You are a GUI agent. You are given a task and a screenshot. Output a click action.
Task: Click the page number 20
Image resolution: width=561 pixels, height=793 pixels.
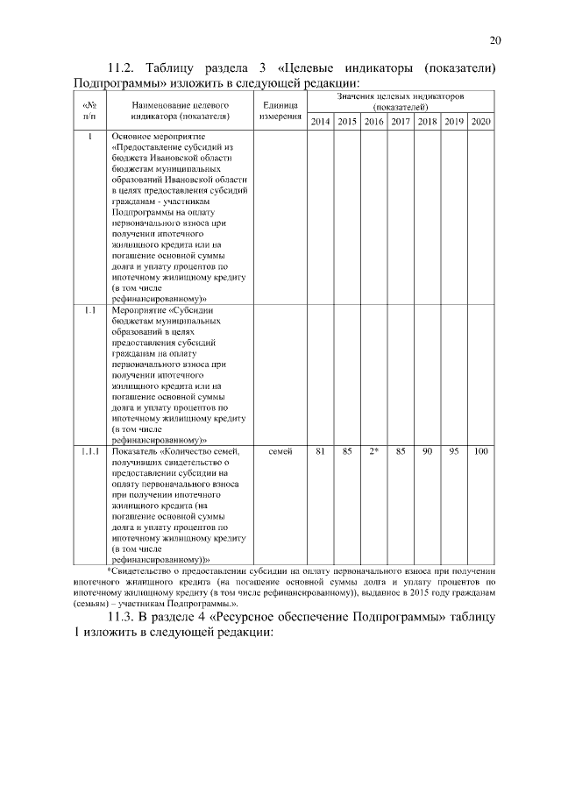coord(494,39)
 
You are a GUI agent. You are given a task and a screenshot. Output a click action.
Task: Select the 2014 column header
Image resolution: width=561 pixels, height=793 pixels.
coord(321,121)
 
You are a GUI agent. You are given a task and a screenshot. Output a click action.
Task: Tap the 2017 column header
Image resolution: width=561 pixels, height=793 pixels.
coord(401,121)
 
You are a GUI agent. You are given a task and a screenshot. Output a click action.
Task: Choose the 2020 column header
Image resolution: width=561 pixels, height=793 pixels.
coord(480,121)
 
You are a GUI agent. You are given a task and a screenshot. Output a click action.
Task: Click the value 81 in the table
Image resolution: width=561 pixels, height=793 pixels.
coord(321,451)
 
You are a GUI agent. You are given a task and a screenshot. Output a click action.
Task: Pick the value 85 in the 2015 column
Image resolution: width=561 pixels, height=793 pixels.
coord(347,451)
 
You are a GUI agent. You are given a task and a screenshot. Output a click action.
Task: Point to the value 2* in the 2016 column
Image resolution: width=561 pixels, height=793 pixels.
coord(373,451)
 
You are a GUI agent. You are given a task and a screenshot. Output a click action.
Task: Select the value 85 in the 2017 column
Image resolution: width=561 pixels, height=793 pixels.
coord(401,451)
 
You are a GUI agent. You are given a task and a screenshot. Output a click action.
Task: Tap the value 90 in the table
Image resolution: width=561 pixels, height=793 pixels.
coord(427,451)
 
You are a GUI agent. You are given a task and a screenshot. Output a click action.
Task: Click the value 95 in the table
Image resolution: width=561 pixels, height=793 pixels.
coord(454,451)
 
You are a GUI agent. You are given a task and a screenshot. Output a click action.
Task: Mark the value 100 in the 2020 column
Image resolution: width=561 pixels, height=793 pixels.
coord(480,451)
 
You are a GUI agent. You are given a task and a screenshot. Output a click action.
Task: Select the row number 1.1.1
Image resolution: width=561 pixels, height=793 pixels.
coord(89,451)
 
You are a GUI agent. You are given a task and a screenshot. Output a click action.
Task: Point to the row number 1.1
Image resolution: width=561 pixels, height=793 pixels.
coord(89,310)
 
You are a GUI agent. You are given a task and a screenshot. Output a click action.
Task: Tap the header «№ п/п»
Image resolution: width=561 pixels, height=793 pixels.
coord(89,110)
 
